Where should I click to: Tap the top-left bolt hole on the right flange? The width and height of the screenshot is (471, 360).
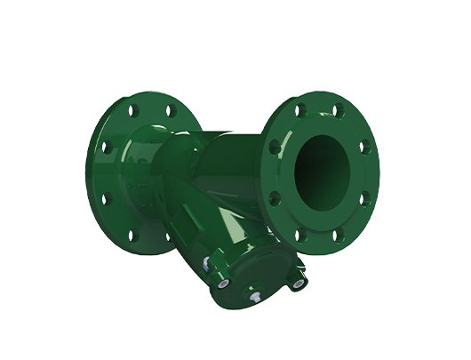pos(300,110)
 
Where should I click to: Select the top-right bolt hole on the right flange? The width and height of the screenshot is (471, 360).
pos(339,110)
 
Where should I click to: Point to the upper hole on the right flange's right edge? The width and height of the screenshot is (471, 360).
pos(362,145)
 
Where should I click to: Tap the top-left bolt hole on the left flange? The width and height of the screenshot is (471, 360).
pos(133,113)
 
